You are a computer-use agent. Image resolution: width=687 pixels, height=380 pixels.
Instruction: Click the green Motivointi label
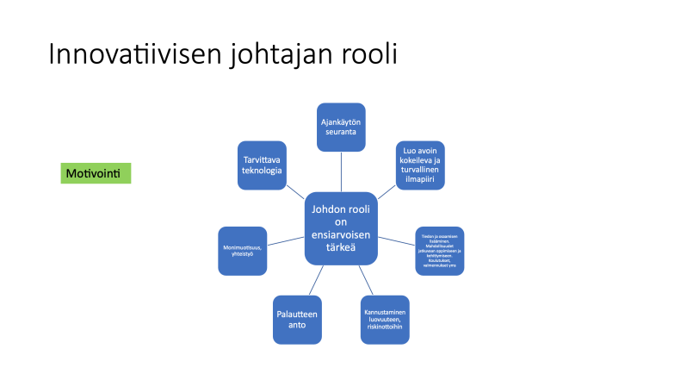tap(96, 173)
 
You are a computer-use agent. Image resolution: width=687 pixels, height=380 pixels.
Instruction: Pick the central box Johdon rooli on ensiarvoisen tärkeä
tap(341, 227)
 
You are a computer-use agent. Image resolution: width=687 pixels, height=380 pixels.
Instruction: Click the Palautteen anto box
tap(296, 321)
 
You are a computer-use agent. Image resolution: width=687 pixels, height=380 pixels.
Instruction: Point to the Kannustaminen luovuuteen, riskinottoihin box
tap(386, 321)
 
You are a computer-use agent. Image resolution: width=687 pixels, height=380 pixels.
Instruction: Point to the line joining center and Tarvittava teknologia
tap(296, 193)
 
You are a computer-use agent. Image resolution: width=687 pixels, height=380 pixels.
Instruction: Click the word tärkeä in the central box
tap(341, 248)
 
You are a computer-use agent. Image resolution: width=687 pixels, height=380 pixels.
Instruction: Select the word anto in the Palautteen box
tap(296, 327)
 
